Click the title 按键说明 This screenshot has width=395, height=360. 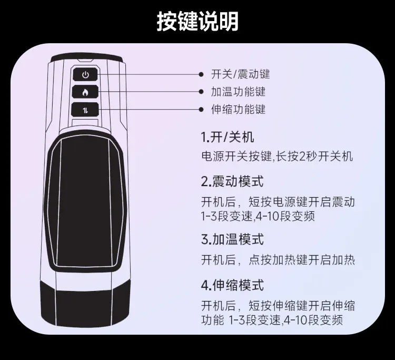click(197, 21)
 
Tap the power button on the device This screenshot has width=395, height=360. click(85, 75)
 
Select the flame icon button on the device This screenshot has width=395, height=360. click(85, 92)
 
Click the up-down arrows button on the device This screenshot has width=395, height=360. click(85, 110)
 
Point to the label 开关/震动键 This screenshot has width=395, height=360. click(240, 74)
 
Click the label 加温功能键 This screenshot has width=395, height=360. click(238, 92)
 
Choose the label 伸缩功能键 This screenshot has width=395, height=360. click(238, 110)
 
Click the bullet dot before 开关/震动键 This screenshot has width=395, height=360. click(201, 74)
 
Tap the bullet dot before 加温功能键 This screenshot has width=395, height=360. click(201, 92)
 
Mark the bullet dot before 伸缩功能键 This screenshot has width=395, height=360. click(201, 110)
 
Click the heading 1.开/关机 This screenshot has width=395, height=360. click(228, 138)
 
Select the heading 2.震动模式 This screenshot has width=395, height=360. click(232, 181)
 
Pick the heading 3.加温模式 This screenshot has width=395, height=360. click(232, 239)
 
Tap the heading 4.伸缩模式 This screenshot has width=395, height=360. click(232, 285)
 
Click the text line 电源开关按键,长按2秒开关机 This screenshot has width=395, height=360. click(277, 157)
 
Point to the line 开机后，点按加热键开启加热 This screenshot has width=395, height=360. click(278, 260)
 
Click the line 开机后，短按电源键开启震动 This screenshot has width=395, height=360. click(278, 202)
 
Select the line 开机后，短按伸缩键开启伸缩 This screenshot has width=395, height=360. click(278, 306)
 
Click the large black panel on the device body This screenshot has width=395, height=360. click(85, 202)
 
